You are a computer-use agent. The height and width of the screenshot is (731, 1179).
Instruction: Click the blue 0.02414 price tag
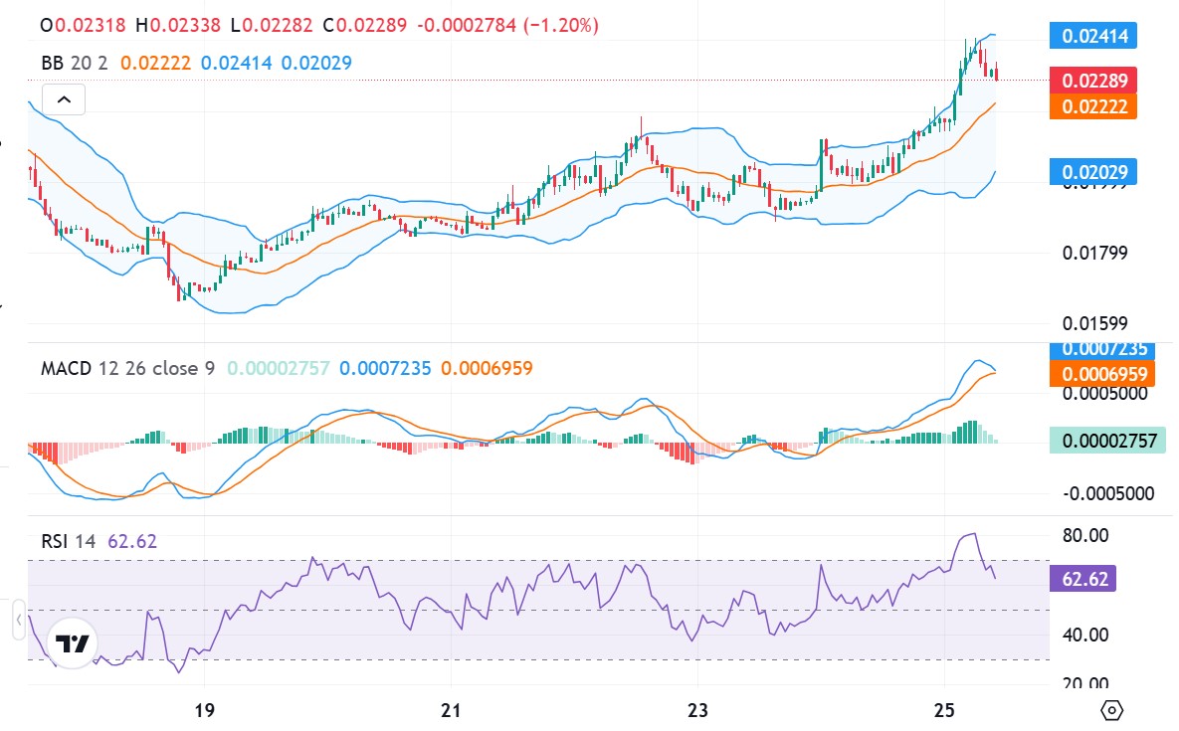pos(1093,37)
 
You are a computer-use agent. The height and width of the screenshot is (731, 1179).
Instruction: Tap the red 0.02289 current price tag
pos(1093,81)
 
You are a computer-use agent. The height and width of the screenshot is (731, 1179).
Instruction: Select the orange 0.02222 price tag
pos(1093,105)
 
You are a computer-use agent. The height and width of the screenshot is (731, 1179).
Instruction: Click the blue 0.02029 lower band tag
pos(1093,172)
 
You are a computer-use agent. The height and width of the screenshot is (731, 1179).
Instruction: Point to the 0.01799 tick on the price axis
pos(1094,253)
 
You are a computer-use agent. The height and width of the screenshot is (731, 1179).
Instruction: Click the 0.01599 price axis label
pos(1094,323)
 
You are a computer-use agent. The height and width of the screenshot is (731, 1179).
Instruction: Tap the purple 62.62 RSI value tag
pos(1087,579)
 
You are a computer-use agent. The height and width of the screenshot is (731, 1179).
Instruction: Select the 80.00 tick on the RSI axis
pos(1086,536)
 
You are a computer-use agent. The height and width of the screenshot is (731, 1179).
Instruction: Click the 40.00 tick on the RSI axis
pos(1086,634)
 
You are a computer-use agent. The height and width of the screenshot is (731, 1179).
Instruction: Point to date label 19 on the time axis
pos(204,711)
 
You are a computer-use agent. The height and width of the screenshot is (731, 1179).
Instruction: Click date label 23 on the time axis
pos(697,711)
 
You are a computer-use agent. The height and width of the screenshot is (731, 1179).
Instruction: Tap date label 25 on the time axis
pos(945,711)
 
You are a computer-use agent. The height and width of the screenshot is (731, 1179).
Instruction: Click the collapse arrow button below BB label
pos(64,99)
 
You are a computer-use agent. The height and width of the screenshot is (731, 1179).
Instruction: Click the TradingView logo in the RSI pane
pos(73,644)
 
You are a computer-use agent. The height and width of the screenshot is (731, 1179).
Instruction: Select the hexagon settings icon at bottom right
pos(1113,710)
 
